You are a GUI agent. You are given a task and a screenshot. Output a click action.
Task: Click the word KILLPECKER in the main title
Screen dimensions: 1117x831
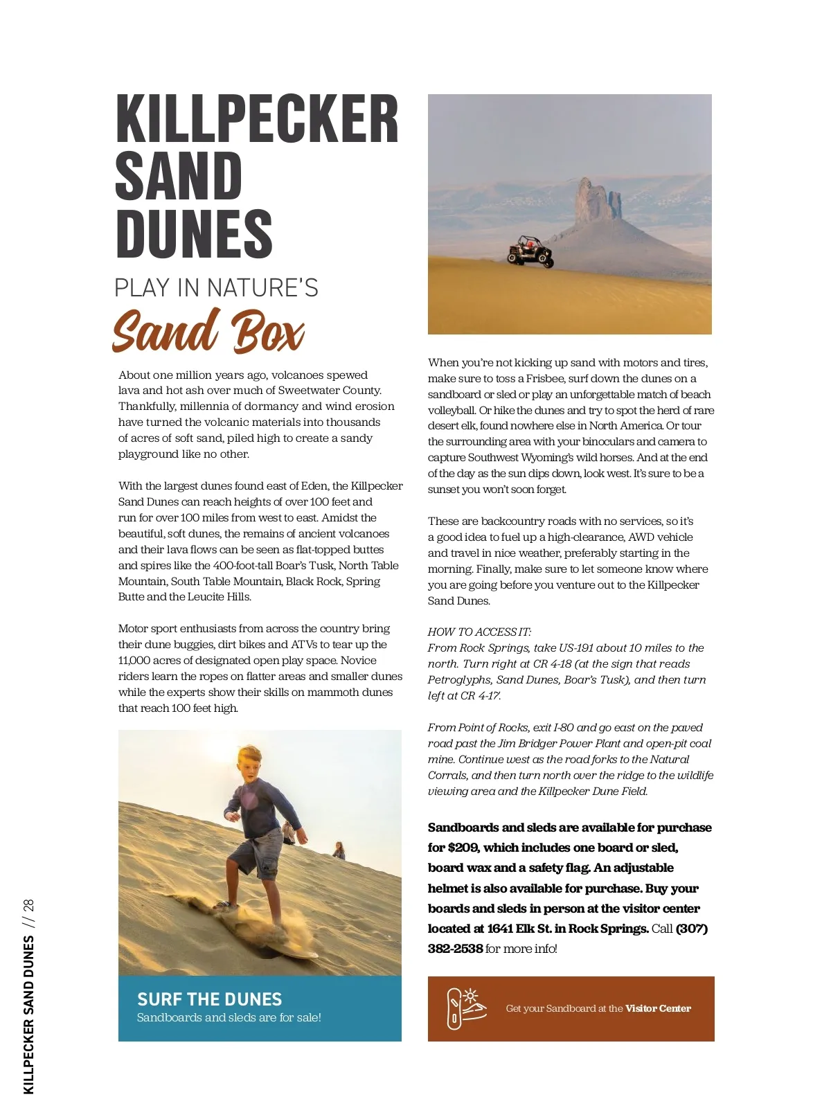pyautogui.click(x=257, y=119)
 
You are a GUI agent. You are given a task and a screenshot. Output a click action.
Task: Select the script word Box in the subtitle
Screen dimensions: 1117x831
pyautogui.click(x=267, y=332)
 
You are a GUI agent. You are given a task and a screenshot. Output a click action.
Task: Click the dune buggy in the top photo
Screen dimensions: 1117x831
pyautogui.click(x=530, y=251)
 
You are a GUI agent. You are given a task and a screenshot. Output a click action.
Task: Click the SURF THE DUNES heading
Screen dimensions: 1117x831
pyautogui.click(x=209, y=999)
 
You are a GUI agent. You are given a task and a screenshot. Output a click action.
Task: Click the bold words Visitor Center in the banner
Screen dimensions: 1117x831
pyautogui.click(x=658, y=1009)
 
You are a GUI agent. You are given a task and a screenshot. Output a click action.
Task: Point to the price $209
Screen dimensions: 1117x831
pyautogui.click(x=463, y=848)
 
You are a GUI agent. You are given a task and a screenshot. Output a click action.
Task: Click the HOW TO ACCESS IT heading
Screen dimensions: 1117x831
pyautogui.click(x=479, y=632)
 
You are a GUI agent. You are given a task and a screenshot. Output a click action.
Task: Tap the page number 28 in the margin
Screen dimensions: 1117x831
pyautogui.click(x=28, y=906)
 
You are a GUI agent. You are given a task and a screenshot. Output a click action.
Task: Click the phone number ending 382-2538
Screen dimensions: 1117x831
pyautogui.click(x=455, y=949)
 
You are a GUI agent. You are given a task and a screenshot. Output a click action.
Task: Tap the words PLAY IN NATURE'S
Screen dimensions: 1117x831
pyautogui.click(x=216, y=288)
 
